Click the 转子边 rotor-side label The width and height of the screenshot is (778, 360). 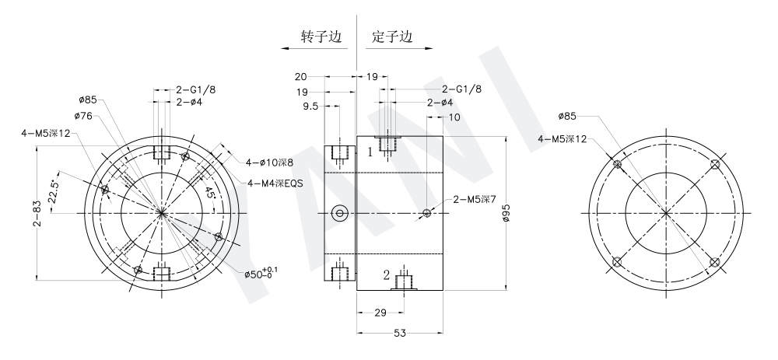(x=318, y=37)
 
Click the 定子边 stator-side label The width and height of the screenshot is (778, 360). (x=391, y=37)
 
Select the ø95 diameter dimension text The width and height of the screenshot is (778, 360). (x=506, y=213)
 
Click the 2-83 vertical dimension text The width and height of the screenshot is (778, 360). (x=37, y=213)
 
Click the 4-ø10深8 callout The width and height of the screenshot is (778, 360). (x=269, y=163)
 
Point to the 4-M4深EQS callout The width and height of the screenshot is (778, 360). (x=275, y=183)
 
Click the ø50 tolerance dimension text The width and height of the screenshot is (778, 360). (x=261, y=273)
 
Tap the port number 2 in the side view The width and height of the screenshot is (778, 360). (x=386, y=274)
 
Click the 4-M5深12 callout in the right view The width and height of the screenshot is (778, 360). (x=562, y=139)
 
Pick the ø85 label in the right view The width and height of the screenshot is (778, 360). (x=567, y=117)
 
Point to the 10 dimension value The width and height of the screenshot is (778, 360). (x=455, y=117)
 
